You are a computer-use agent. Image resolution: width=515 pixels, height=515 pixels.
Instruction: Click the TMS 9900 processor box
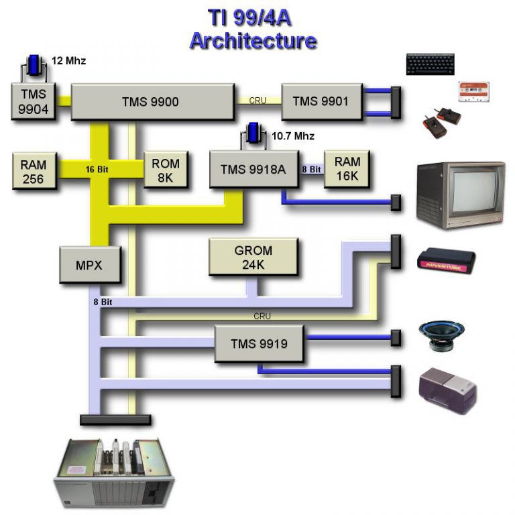[x=153, y=102]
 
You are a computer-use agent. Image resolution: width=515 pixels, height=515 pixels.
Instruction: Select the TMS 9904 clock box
[x=34, y=101]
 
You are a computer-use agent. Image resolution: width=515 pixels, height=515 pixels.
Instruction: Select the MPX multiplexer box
[x=90, y=264]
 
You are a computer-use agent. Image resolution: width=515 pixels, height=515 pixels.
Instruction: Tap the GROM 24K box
[x=253, y=257]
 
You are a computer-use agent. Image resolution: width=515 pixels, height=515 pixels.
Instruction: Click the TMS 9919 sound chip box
[x=259, y=344]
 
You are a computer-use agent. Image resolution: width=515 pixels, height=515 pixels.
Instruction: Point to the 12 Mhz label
[x=68, y=61]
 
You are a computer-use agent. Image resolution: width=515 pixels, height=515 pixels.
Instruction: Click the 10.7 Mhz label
[x=293, y=136]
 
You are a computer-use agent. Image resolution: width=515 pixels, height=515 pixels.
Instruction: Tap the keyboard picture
[x=430, y=64]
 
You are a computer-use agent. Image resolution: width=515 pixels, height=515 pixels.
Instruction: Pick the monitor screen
[x=473, y=191]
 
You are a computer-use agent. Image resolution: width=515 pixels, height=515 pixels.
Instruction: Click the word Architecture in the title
[x=253, y=40]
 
